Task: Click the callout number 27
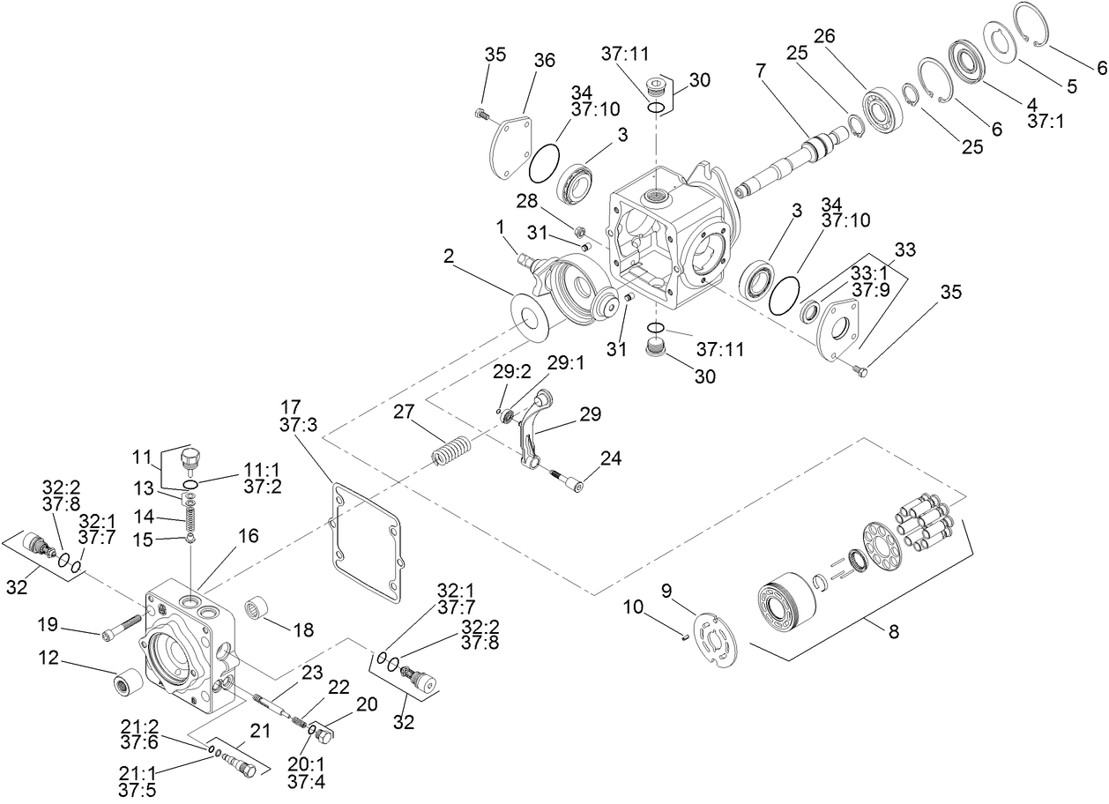[404, 413]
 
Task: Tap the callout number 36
[544, 59]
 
